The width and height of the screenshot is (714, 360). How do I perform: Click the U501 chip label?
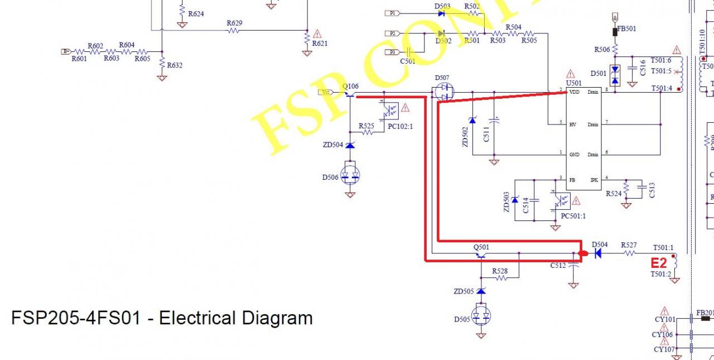573,83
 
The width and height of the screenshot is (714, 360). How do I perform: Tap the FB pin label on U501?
572,180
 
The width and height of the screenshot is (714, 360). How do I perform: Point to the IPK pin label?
595,180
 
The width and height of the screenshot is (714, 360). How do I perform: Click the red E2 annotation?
659,263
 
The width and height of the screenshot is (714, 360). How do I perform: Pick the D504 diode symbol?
598,253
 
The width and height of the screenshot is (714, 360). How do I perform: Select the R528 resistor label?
500,271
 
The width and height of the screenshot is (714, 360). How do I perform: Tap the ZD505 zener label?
464,291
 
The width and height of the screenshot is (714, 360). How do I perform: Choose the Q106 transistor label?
350,87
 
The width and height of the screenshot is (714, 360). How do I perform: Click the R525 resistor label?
366,126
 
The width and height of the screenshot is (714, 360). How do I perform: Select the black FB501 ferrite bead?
615,32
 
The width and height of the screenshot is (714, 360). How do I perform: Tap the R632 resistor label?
175,65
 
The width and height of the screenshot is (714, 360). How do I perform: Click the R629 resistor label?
234,23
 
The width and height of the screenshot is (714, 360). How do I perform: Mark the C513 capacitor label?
652,190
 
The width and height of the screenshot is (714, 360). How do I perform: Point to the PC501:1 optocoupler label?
573,216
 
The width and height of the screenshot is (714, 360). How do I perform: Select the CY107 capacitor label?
664,349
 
